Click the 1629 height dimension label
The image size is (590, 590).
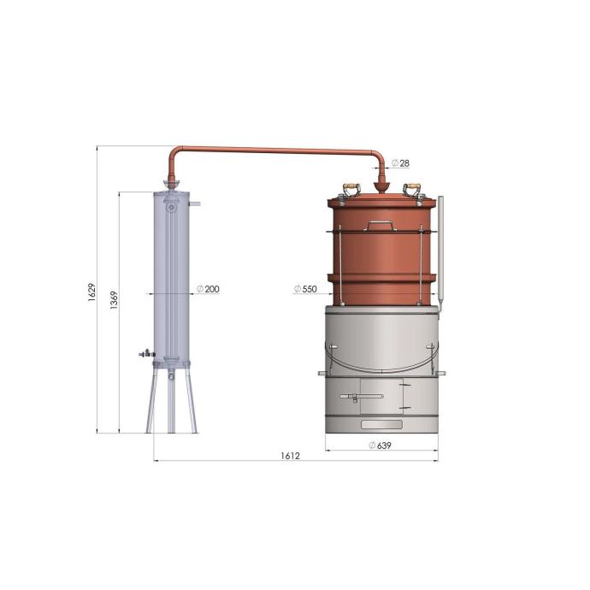[x=91, y=292]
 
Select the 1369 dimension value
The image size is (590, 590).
[x=114, y=300]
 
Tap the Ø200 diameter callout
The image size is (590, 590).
[x=208, y=289]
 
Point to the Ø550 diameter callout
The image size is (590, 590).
[x=305, y=289]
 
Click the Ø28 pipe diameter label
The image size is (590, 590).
[x=400, y=163]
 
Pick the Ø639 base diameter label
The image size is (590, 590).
[x=381, y=445]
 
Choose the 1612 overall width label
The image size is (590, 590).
[x=291, y=456]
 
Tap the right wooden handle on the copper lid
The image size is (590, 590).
[x=411, y=186]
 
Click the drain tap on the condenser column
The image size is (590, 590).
[x=147, y=354]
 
